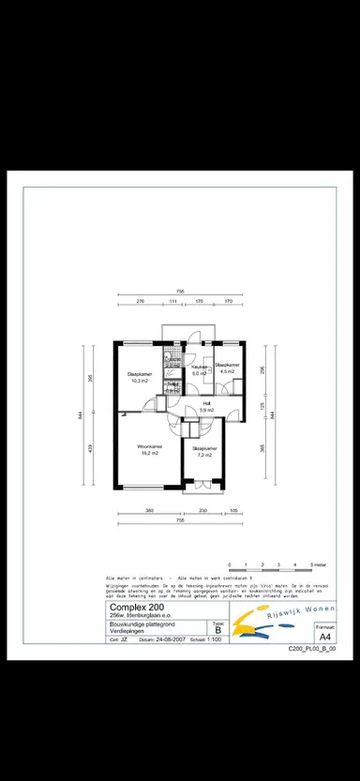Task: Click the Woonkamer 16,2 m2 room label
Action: pyautogui.click(x=151, y=449)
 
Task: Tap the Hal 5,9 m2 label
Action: pyautogui.click(x=206, y=406)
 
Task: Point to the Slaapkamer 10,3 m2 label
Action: pyautogui.click(x=141, y=378)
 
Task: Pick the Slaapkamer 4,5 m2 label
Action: pyautogui.click(x=227, y=368)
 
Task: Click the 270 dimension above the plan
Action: pyautogui.click(x=140, y=302)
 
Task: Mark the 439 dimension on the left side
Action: pyautogui.click(x=91, y=448)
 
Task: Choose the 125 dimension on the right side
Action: pyautogui.click(x=263, y=405)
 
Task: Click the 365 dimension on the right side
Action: pyautogui.click(x=263, y=448)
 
